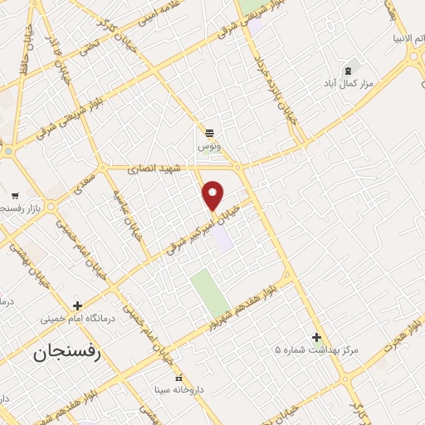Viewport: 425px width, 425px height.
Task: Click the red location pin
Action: (x=213, y=194)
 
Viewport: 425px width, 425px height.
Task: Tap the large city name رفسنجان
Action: (x=66, y=353)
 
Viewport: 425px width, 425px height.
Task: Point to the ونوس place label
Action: (x=208, y=145)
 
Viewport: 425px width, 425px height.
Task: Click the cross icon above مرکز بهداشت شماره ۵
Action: (x=315, y=336)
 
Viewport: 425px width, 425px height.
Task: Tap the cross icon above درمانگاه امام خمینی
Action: (x=77, y=305)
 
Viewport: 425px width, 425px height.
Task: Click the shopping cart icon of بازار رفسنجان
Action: (x=15, y=195)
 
